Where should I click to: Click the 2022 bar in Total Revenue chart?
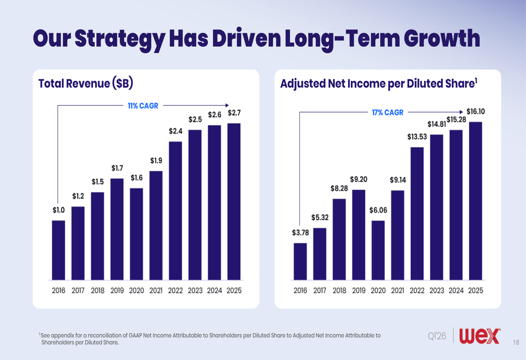click(x=176, y=210)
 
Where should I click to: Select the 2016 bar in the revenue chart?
click(x=58, y=250)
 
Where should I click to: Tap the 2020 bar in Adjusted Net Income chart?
click(x=378, y=250)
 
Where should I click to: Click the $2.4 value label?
click(x=176, y=131)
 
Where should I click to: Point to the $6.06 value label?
click(x=378, y=210)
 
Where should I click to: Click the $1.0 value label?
click(x=58, y=210)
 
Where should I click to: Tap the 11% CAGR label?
click(x=143, y=106)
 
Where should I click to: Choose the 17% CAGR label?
click(x=387, y=112)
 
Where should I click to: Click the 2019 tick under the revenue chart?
click(x=117, y=291)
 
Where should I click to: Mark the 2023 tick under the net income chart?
click(x=437, y=291)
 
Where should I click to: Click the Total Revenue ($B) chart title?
click(x=85, y=84)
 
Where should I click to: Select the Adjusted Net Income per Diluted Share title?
click(x=379, y=84)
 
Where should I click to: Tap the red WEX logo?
click(x=480, y=336)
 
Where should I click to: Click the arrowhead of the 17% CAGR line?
click(x=462, y=112)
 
